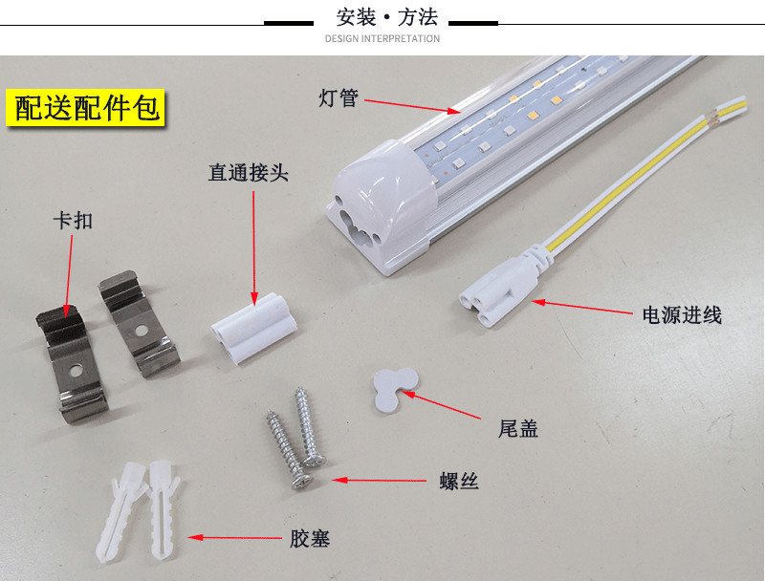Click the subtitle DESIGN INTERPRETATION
coord(382,39)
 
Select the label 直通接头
coord(249,174)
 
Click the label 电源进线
coord(682,315)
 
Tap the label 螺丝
coord(459,482)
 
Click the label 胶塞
coord(310,539)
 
